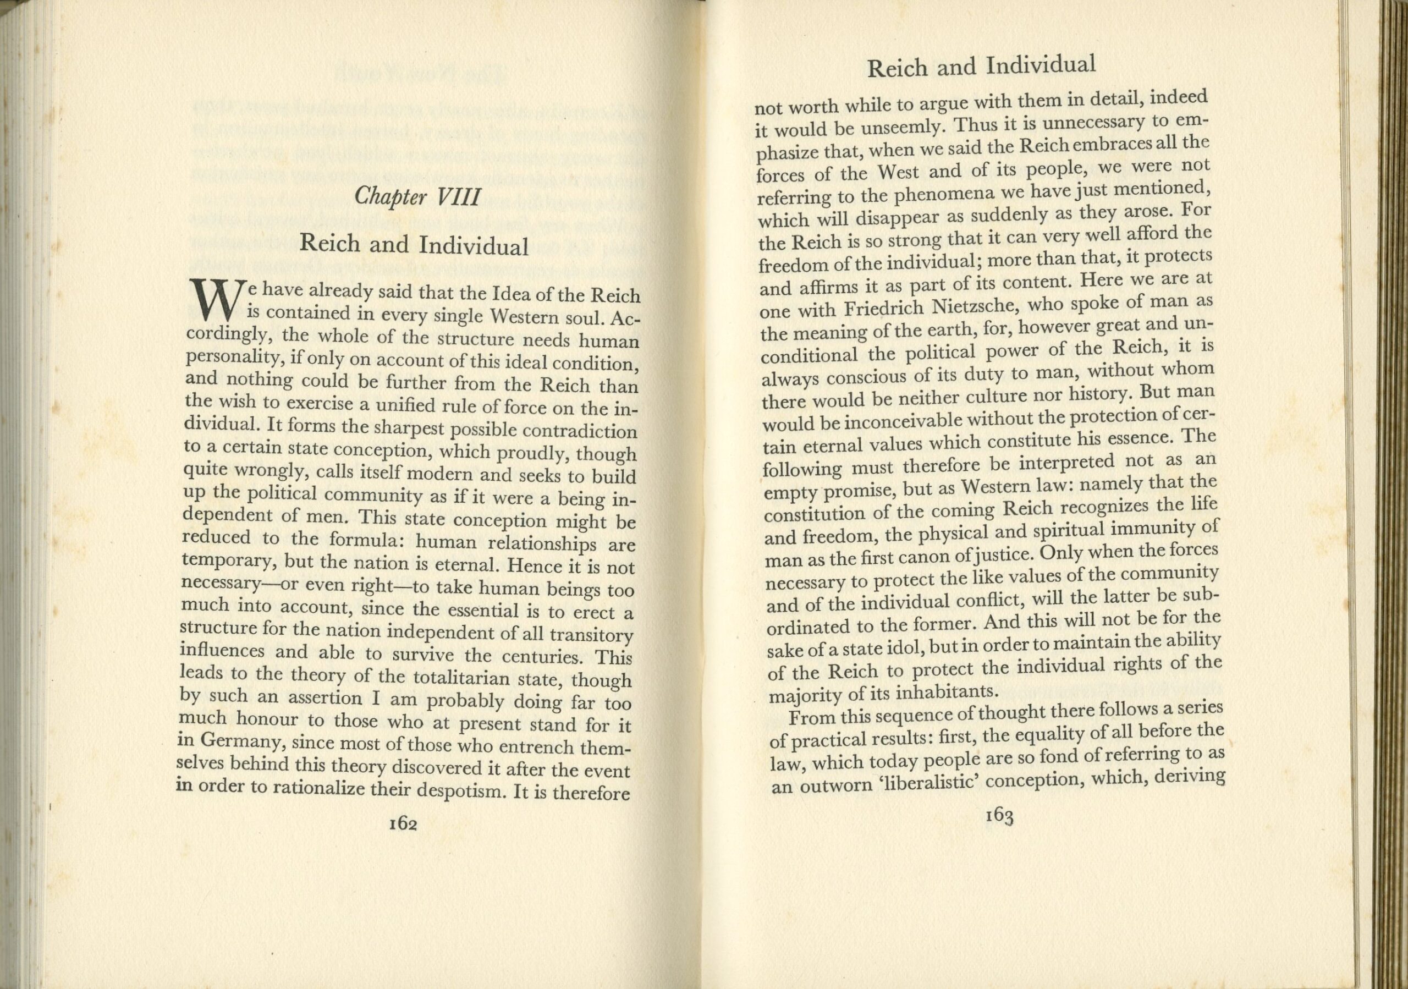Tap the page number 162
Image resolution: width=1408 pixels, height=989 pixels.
[403, 823]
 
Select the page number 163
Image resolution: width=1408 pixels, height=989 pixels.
[998, 816]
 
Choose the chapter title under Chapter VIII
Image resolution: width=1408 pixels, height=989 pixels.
[414, 245]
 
